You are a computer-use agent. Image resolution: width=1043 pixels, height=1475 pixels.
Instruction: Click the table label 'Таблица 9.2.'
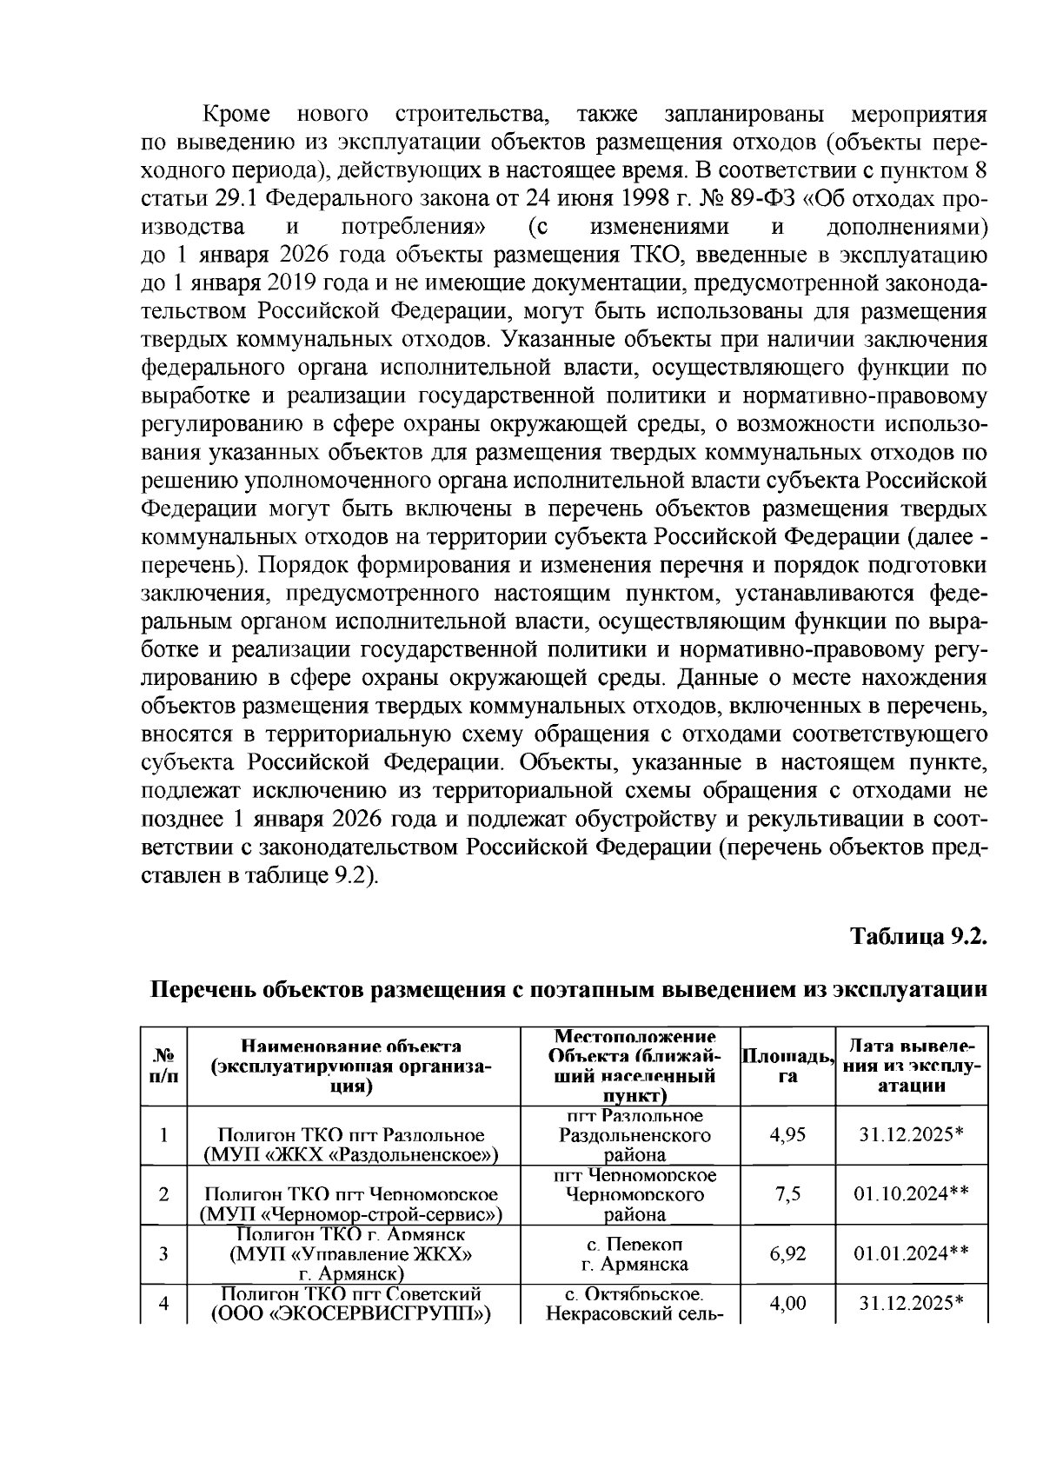point(920,936)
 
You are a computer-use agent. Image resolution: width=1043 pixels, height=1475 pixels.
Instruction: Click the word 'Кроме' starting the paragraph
point(236,115)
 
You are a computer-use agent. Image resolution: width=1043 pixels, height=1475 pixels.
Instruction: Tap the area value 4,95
point(787,1134)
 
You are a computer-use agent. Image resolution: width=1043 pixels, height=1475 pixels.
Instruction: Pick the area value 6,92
point(787,1253)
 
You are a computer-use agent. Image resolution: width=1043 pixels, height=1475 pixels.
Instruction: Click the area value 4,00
point(787,1303)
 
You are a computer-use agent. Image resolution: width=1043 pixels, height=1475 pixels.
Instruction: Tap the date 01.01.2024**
point(911,1253)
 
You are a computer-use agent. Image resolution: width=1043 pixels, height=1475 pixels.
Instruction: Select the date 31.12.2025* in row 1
point(911,1134)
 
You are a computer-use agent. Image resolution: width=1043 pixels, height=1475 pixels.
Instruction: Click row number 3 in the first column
point(163,1253)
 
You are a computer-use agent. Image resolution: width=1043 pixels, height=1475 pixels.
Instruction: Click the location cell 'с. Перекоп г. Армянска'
point(634,1254)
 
